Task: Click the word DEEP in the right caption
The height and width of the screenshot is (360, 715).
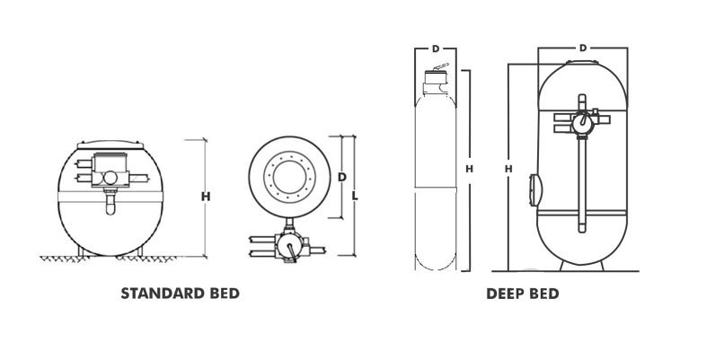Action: [x=506, y=294]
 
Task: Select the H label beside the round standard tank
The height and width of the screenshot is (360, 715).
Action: [x=206, y=197]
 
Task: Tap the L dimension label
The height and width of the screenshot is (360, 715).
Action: [x=356, y=194]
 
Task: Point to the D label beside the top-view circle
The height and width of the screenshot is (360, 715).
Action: [x=340, y=178]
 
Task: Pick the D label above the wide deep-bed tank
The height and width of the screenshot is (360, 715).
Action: [x=583, y=47]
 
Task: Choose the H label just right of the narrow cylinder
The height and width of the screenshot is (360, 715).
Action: [x=469, y=168]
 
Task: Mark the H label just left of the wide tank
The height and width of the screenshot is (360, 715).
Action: [x=508, y=168]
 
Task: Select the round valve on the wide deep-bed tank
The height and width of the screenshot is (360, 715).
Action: [x=583, y=119]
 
